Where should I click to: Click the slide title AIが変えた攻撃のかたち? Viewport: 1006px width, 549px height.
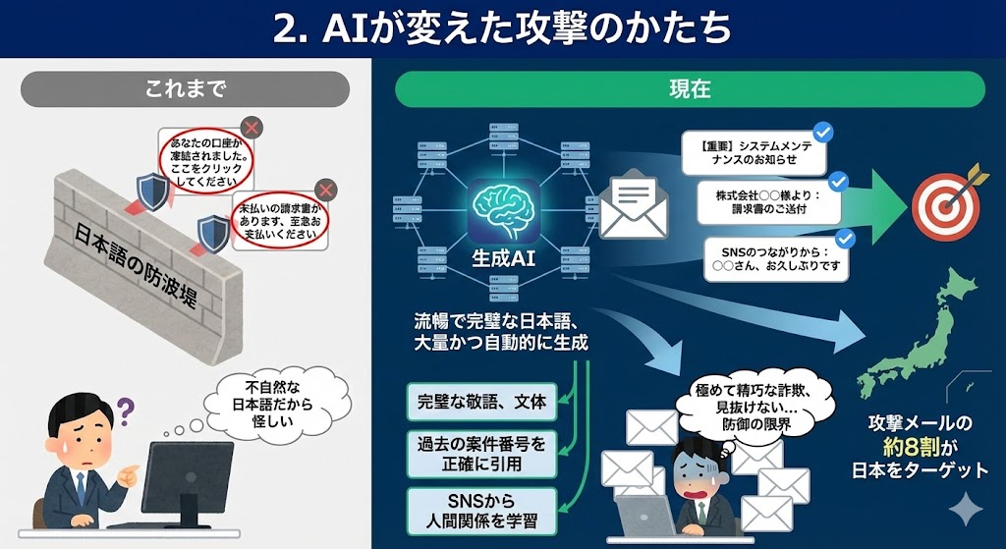[x=502, y=28]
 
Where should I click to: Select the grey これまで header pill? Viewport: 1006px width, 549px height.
[x=186, y=88]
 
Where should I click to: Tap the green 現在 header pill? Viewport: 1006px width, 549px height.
[x=689, y=88]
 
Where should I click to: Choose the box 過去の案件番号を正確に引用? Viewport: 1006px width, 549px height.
[x=481, y=453]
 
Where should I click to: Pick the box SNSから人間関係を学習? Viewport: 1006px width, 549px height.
[x=481, y=510]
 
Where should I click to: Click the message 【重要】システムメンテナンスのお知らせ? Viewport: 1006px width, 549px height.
[x=753, y=151]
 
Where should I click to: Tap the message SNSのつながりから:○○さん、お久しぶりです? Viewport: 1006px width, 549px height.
[x=776, y=258]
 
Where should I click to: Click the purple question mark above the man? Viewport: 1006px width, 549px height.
[x=124, y=406]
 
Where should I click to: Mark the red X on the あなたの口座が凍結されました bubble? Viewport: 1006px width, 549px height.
[x=251, y=128]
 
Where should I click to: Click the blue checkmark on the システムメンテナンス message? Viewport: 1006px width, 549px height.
[x=824, y=131]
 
